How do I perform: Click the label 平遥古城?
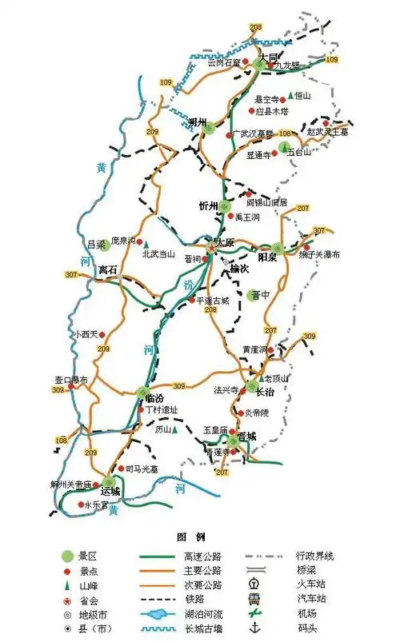tap(213, 300)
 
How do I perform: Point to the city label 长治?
tap(266, 391)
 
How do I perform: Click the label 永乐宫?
tap(95, 504)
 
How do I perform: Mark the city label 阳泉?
tap(267, 257)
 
